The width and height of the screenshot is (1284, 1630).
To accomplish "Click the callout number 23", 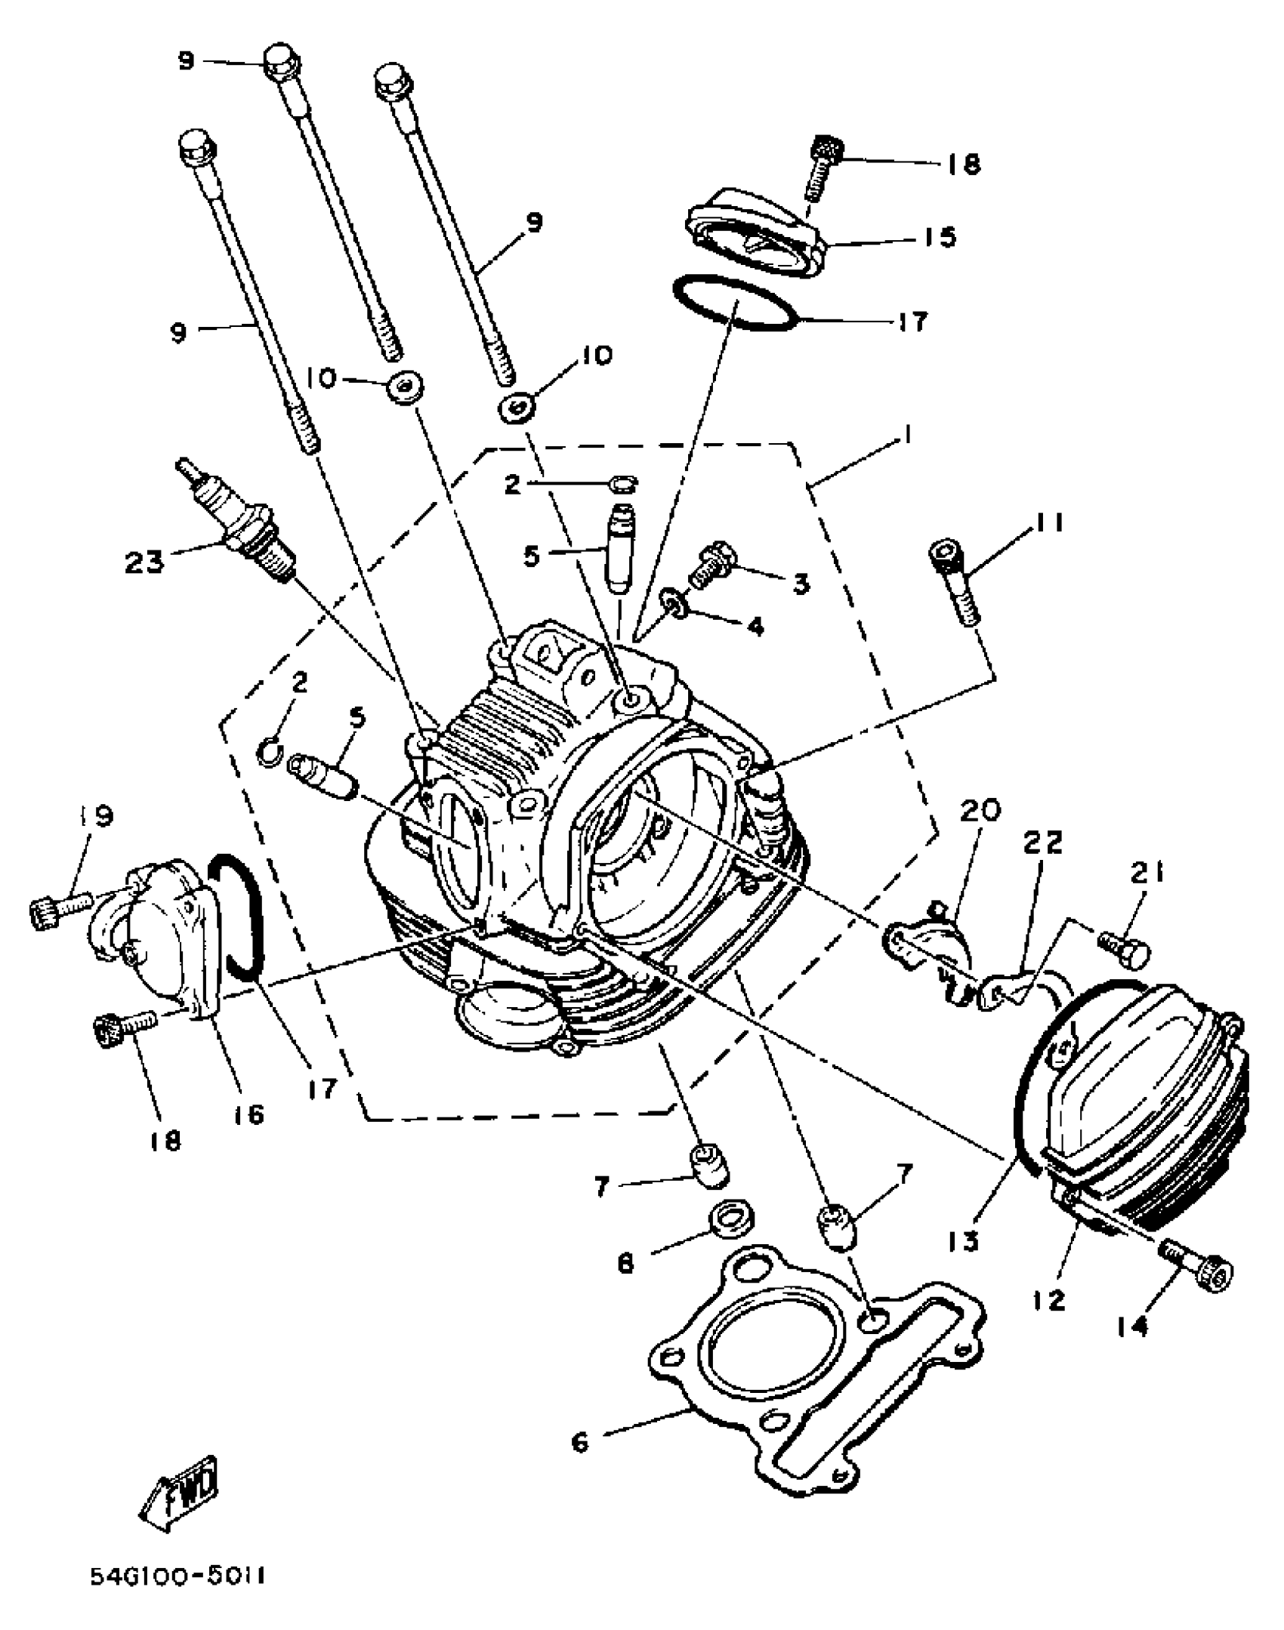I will [x=145, y=562].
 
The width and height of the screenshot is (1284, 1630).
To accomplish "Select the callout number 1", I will [x=908, y=436].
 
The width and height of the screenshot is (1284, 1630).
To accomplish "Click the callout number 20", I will [x=980, y=810].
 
